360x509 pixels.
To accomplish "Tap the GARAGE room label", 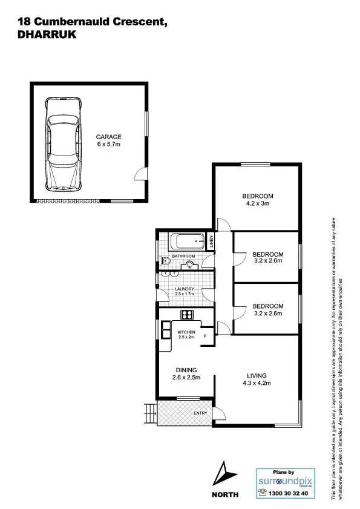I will click(x=109, y=137).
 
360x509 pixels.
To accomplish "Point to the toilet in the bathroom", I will click(x=165, y=261).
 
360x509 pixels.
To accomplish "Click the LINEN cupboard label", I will click(x=211, y=241).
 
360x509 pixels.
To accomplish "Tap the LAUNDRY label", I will click(x=184, y=289).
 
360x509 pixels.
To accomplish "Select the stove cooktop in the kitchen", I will click(x=186, y=314).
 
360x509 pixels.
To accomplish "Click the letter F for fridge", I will click(x=206, y=335).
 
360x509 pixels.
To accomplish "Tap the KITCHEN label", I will click(x=186, y=333).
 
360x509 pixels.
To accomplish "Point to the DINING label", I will click(x=186, y=370).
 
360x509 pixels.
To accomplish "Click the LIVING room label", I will click(x=257, y=375).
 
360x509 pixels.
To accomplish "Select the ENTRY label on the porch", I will click(x=200, y=413).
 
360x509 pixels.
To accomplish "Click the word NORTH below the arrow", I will click(x=224, y=494).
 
